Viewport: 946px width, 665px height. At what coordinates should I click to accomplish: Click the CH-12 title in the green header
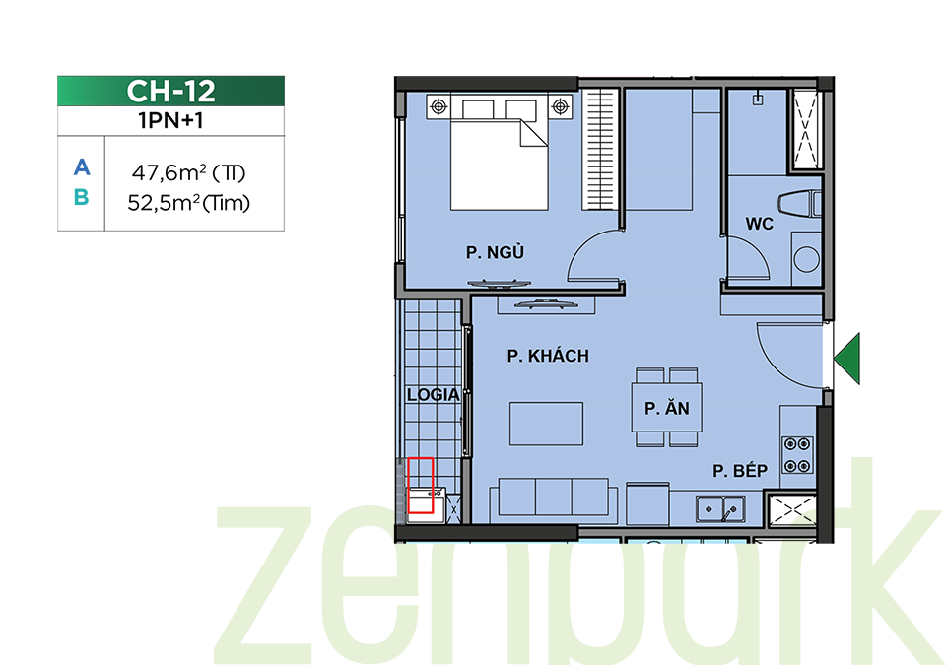(x=170, y=91)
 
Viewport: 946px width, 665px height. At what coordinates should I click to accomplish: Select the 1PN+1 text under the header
(x=170, y=121)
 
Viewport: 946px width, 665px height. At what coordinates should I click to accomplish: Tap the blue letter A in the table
(x=82, y=166)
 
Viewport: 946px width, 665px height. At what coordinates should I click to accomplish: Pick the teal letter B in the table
(x=82, y=197)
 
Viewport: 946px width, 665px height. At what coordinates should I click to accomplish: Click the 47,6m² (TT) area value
(x=189, y=173)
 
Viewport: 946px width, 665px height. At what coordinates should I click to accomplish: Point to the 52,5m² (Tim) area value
(x=189, y=203)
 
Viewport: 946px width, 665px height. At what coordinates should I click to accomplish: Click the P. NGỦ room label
(x=495, y=252)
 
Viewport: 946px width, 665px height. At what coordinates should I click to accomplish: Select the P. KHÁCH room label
(x=548, y=356)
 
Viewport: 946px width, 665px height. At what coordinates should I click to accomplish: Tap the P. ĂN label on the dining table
(x=667, y=409)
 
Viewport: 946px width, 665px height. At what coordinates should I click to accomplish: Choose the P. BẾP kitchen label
(x=740, y=471)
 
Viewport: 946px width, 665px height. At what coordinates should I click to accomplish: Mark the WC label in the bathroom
(x=759, y=224)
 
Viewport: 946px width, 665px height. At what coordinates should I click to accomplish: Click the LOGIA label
(x=434, y=395)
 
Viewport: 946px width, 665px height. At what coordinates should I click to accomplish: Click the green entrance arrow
(x=847, y=359)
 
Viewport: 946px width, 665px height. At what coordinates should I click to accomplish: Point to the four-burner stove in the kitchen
(x=797, y=455)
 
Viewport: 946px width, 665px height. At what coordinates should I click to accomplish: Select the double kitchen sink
(x=720, y=509)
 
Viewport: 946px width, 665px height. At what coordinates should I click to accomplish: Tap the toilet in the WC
(x=799, y=204)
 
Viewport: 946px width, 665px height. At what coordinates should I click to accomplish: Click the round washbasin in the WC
(x=806, y=259)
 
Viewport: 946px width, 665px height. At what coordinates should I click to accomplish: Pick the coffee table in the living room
(x=547, y=424)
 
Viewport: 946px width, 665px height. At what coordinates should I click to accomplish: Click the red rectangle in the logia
(x=421, y=486)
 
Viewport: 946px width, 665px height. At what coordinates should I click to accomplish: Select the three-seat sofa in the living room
(x=553, y=497)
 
